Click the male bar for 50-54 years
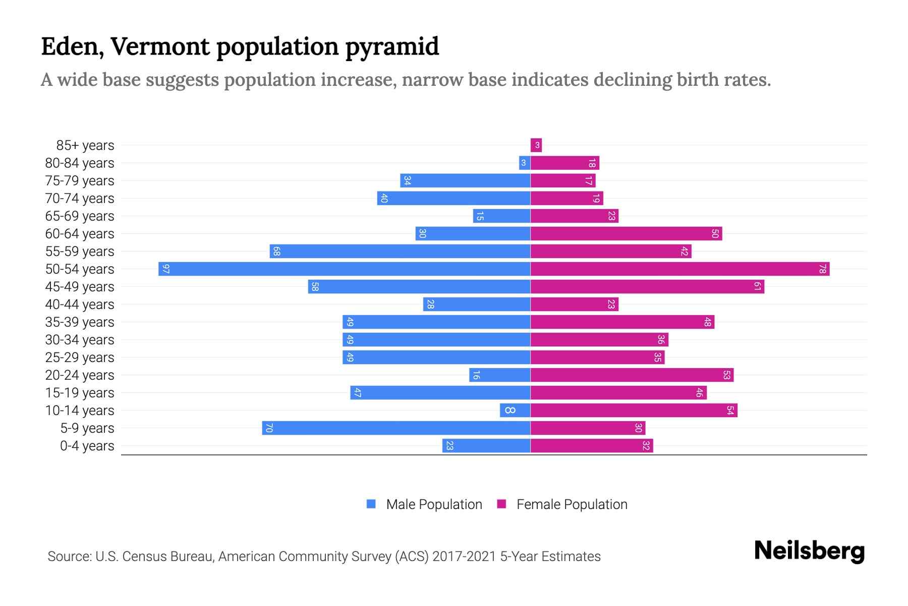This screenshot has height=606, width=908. [344, 269]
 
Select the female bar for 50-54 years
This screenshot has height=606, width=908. [680, 269]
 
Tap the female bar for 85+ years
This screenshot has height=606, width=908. [536, 145]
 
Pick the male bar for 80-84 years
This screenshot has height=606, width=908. [525, 163]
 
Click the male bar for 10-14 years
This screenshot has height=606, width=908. [515, 410]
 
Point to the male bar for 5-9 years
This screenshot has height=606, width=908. [396, 428]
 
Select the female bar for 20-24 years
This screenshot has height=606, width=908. [632, 375]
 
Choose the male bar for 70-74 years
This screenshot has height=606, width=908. [453, 198]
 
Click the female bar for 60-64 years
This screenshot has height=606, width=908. [626, 233]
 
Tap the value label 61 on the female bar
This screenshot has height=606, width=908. [757, 286]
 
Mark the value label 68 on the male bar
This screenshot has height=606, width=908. [276, 251]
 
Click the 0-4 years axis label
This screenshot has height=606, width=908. [87, 446]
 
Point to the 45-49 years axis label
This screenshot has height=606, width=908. [80, 287]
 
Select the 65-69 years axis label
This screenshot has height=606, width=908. [80, 216]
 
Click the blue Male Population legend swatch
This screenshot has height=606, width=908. [371, 504]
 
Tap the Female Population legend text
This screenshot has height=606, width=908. [572, 504]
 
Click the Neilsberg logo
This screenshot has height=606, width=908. [809, 551]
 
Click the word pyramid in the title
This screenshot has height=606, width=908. [392, 47]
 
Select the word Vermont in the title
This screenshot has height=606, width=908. [160, 47]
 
